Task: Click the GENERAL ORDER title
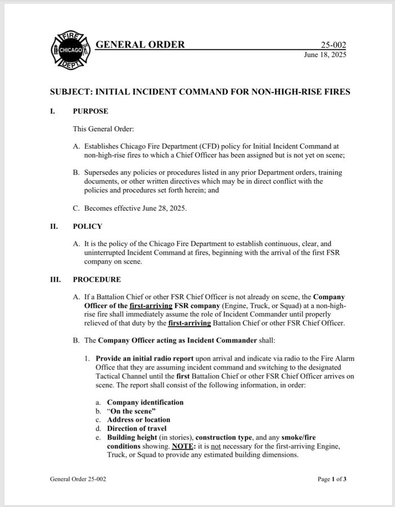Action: [x=140, y=45]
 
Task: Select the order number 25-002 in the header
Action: [x=334, y=46]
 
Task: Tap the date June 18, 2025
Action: [x=325, y=55]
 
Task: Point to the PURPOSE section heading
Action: [x=90, y=111]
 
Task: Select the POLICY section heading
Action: [x=87, y=226]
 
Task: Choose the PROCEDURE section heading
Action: [x=96, y=279]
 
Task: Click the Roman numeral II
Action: [x=54, y=226]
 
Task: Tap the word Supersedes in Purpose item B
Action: [x=103, y=172]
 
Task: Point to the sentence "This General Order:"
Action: [x=103, y=129]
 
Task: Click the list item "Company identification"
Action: [x=145, y=402]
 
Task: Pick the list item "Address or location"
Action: [x=139, y=420]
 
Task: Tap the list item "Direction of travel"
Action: [x=137, y=428]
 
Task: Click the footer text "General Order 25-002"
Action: [x=78, y=479]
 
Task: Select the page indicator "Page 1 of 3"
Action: [x=332, y=479]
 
